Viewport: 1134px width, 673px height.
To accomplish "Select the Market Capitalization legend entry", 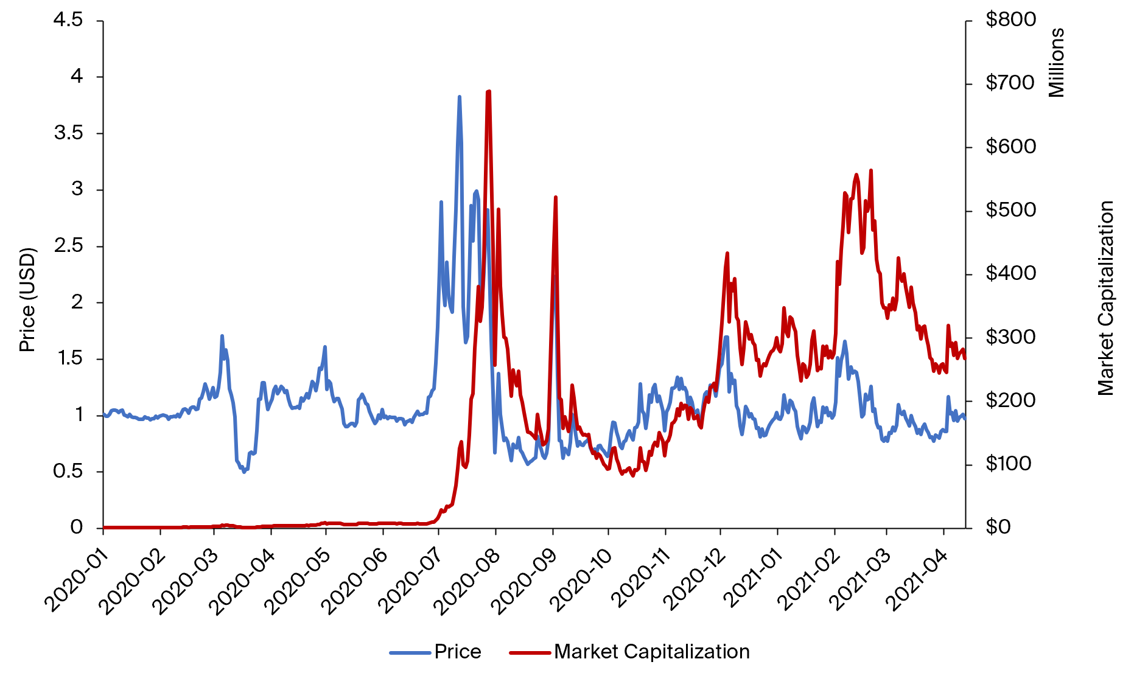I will point(651,652).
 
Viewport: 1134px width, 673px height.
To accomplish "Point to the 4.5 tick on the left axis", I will point(68,20).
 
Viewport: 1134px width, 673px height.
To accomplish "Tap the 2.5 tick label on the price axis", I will point(68,246).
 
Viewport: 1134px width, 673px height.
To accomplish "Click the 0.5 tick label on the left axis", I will point(68,471).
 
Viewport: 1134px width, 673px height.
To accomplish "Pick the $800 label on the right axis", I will point(1010,20).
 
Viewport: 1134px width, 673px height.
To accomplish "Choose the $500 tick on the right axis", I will point(1010,210).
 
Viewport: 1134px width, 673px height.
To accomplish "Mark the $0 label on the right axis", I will point(998,527).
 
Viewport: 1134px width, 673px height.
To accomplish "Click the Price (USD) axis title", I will point(27,299).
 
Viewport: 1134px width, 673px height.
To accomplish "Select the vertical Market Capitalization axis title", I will point(1105,298).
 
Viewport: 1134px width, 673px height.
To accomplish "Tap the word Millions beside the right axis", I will point(1057,62).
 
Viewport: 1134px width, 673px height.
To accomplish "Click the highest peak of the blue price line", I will point(460,97).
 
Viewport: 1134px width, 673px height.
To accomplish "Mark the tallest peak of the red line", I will point(489,91).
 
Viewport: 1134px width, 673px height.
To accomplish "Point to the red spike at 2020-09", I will point(555,197).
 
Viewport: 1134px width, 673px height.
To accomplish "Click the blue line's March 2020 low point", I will point(244,472).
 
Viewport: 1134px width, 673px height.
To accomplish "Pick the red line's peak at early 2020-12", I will point(727,253).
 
